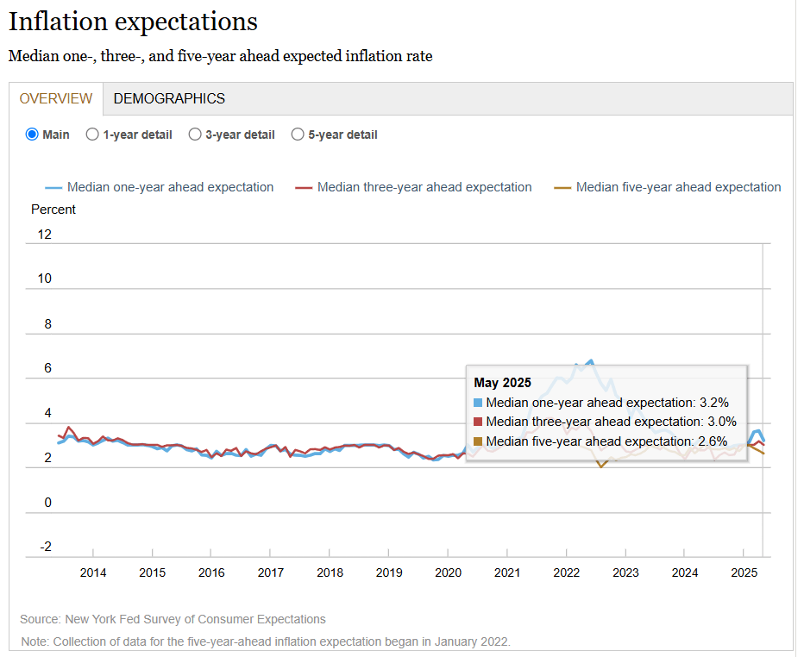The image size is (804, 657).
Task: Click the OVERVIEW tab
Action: pyautogui.click(x=56, y=98)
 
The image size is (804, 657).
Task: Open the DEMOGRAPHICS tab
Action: pyautogui.click(x=169, y=98)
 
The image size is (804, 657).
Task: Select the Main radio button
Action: pyautogui.click(x=32, y=135)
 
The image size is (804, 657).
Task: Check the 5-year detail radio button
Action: pyautogui.click(x=298, y=135)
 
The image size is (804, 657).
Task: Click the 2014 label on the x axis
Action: pyautogui.click(x=93, y=573)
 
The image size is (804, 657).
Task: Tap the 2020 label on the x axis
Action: pyautogui.click(x=448, y=573)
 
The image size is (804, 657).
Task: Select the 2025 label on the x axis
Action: pyautogui.click(x=744, y=573)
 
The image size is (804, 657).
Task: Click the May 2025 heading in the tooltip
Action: pyautogui.click(x=503, y=383)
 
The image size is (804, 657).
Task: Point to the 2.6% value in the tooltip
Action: pyautogui.click(x=713, y=441)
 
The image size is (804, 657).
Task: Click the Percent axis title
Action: pyautogui.click(x=53, y=210)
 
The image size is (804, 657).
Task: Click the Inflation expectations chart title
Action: pyautogui.click(x=133, y=22)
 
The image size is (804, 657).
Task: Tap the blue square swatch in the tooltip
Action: pyautogui.click(x=479, y=403)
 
